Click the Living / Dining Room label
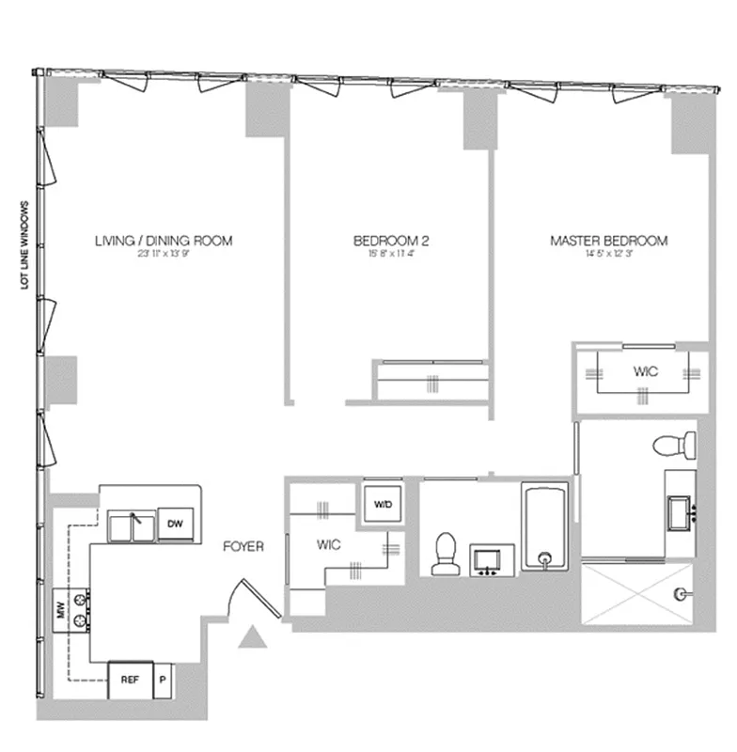click(x=164, y=241)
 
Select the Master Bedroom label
click(x=608, y=241)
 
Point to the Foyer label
click(x=243, y=546)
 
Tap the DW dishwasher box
click(x=175, y=525)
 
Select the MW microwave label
click(x=58, y=617)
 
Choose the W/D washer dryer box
click(x=384, y=503)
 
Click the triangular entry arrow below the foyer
click(x=251, y=638)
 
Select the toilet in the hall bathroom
click(x=443, y=554)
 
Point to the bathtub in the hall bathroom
click(x=545, y=527)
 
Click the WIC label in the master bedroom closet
click(x=645, y=372)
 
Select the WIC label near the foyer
click(x=328, y=544)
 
